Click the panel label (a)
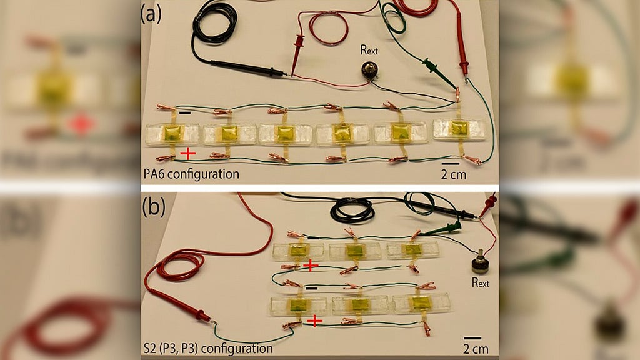151,15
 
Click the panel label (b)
154,207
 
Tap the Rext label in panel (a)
369,50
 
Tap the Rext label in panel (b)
481,282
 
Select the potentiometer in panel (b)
481,262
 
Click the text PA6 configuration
191,174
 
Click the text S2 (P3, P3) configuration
208,349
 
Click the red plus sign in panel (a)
187,154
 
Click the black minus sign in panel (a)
185,112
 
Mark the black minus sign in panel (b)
311,288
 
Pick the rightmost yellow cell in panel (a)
459,128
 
